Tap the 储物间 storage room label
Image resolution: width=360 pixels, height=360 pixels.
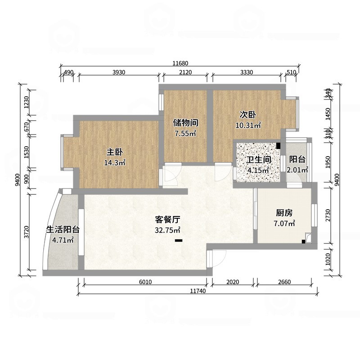point(185,122)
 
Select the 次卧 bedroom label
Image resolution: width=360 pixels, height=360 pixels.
point(248,114)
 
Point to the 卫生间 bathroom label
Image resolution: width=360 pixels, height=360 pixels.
point(258,160)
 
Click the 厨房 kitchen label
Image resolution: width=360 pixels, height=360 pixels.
point(285,213)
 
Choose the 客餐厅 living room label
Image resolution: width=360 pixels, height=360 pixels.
point(168,220)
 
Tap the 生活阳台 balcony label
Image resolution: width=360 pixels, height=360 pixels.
point(63,229)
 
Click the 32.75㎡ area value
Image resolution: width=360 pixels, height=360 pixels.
point(168,230)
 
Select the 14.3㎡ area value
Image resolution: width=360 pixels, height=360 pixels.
point(115,163)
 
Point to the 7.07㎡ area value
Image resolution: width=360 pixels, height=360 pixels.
point(285,223)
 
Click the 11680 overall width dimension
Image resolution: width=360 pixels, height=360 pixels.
point(180,63)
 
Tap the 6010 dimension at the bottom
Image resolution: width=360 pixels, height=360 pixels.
point(145,282)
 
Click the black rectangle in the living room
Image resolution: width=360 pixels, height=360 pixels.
point(179,240)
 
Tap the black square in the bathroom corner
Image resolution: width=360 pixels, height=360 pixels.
point(279,146)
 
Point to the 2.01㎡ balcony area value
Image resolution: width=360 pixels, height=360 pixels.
point(297,170)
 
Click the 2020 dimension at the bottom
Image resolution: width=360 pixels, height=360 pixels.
point(233,282)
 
